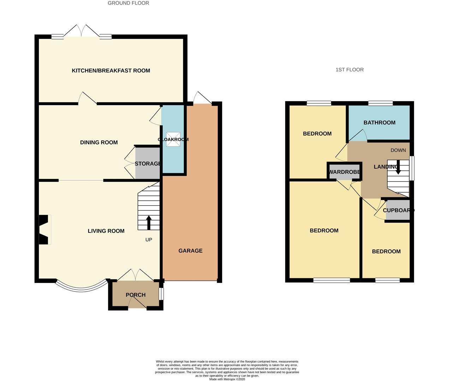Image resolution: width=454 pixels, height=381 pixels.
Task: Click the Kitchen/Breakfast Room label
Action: (x=111, y=71)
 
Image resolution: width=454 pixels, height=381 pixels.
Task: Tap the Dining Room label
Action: (x=99, y=143)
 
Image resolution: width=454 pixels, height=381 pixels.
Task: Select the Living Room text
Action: (x=106, y=231)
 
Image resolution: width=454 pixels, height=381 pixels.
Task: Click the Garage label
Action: (x=190, y=251)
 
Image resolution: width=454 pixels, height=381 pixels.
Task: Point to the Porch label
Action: (x=136, y=295)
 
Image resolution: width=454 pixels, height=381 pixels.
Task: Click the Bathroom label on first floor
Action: (x=379, y=123)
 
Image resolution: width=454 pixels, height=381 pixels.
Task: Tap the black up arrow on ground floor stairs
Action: (x=148, y=223)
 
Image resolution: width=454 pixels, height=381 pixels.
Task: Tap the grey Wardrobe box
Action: (x=345, y=172)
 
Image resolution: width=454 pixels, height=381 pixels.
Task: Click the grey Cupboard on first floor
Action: (x=398, y=211)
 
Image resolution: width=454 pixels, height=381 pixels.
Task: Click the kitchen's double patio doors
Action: (x=82, y=32)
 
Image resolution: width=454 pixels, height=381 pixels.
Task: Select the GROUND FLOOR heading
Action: (x=128, y=3)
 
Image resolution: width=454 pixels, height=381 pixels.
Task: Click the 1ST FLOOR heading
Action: (x=349, y=70)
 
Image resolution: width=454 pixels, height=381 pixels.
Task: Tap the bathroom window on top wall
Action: (x=380, y=103)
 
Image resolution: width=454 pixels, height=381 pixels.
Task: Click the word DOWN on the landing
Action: (x=398, y=150)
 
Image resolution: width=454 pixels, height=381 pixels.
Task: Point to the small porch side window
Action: (x=161, y=294)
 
